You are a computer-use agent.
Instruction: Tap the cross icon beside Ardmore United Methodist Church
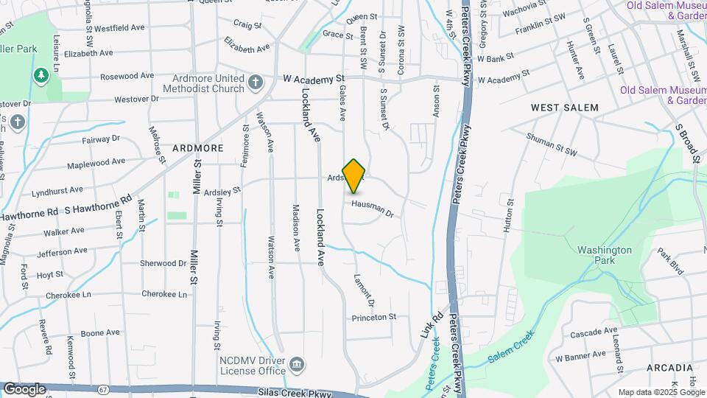click(x=255, y=83)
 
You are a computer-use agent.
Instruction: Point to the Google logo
click(x=24, y=388)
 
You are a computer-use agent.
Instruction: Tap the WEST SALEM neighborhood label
click(x=565, y=108)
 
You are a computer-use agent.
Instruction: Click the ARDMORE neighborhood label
click(x=197, y=148)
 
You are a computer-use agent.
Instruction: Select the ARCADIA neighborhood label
click(x=669, y=367)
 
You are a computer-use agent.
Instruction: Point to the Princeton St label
click(x=374, y=317)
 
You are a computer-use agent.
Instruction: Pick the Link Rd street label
click(x=429, y=325)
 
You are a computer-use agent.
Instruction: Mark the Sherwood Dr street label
click(x=163, y=262)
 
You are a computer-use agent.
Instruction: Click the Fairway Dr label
click(x=100, y=139)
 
